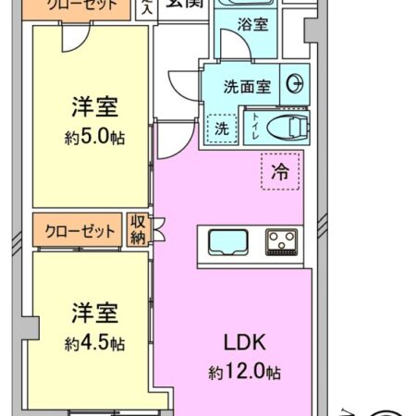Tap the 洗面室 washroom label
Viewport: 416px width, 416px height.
pos(248,87)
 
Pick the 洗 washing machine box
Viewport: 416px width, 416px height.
pos(221,128)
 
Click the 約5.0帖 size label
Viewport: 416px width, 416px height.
pos(95,137)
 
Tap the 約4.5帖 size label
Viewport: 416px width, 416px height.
pos(94,343)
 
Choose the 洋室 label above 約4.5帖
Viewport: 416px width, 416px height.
pos(94,312)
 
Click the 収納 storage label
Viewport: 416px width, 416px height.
pos(138,229)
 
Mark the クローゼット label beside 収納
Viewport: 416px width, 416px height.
pos(80,230)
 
